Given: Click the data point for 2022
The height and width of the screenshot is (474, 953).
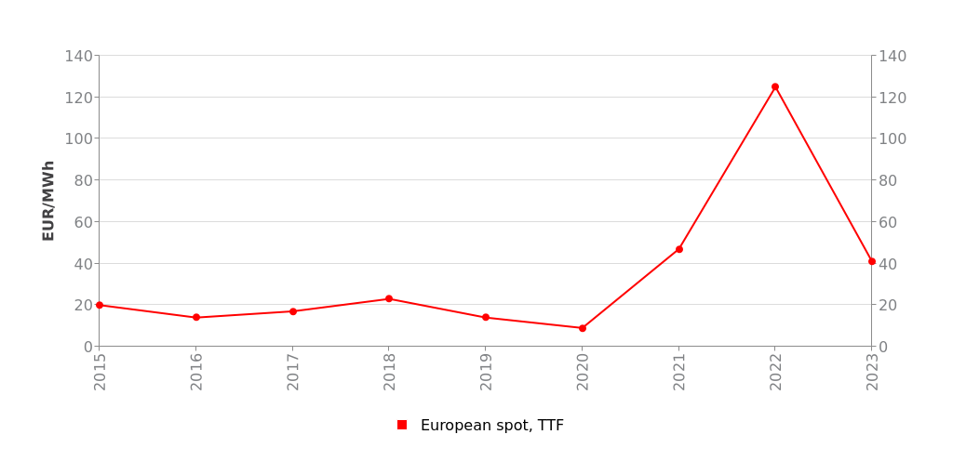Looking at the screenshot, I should (x=775, y=87).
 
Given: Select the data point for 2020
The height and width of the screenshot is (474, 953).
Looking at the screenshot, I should (x=583, y=328).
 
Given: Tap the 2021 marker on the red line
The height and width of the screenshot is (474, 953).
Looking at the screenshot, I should (x=679, y=249).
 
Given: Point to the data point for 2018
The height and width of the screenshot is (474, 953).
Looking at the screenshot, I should (x=389, y=299).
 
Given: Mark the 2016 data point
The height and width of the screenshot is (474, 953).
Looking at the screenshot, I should (x=196, y=318).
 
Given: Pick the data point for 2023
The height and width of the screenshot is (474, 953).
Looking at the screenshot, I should (x=872, y=261).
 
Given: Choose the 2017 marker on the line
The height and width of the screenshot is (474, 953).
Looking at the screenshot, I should (x=292, y=311).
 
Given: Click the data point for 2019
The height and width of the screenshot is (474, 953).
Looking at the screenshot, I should (x=486, y=318).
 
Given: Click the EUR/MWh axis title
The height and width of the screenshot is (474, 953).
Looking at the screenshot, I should (x=48, y=201).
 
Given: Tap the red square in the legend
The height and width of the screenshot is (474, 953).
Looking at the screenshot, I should (x=402, y=425).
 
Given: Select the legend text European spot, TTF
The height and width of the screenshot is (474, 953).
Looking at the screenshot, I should (x=491, y=426).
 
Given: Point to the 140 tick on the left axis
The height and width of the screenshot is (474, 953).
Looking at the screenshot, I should (x=78, y=56).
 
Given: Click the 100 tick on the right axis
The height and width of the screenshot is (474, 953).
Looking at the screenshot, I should (x=893, y=138).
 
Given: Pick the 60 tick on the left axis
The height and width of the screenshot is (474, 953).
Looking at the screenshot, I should (x=82, y=222).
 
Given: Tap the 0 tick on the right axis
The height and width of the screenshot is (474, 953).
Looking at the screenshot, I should (x=884, y=347).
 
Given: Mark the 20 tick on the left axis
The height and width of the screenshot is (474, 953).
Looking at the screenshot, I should (x=82, y=305).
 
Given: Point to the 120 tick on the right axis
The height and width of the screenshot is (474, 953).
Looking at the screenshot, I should (x=893, y=98).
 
